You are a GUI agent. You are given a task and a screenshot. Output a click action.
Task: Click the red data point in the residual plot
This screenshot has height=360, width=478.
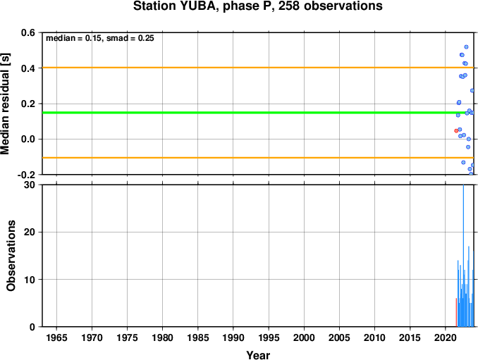click(456, 130)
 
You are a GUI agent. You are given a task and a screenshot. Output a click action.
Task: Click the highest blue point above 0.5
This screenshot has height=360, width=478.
click(466, 47)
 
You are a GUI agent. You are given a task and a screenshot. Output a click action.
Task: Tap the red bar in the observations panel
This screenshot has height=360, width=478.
click(456, 312)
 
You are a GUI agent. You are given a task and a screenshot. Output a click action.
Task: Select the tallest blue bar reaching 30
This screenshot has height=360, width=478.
click(463, 256)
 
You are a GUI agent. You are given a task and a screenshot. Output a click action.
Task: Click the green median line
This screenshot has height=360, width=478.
click(258, 113)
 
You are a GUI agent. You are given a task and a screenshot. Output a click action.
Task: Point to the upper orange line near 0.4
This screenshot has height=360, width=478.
click(258, 68)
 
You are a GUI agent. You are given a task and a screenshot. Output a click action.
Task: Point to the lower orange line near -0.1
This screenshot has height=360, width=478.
click(258, 158)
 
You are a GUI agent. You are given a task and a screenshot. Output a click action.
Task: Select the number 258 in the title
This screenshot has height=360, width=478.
click(289, 6)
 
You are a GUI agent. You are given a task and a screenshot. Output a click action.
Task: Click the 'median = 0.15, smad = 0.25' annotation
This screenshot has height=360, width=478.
click(100, 38)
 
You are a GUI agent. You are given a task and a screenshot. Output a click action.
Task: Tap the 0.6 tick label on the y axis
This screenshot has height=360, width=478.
click(28, 32)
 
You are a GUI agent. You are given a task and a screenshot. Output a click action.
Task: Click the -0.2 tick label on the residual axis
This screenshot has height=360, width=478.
click(26, 175)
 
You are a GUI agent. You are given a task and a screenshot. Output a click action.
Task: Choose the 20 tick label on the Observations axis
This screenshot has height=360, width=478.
click(30, 232)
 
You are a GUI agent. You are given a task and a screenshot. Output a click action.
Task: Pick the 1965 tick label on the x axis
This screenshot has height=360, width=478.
click(56, 337)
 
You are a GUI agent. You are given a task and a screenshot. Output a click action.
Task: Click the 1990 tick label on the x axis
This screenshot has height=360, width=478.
click(233, 337)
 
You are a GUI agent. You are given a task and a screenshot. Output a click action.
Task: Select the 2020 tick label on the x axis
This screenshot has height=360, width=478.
click(446, 337)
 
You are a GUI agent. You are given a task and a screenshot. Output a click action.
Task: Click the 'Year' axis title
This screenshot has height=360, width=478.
click(258, 355)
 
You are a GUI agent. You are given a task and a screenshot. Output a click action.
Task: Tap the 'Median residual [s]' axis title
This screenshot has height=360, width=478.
click(5, 104)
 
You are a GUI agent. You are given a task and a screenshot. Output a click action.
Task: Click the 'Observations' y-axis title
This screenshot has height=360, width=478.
click(11, 256)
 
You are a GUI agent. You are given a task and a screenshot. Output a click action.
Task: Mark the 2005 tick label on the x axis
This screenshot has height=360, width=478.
click(339, 337)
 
